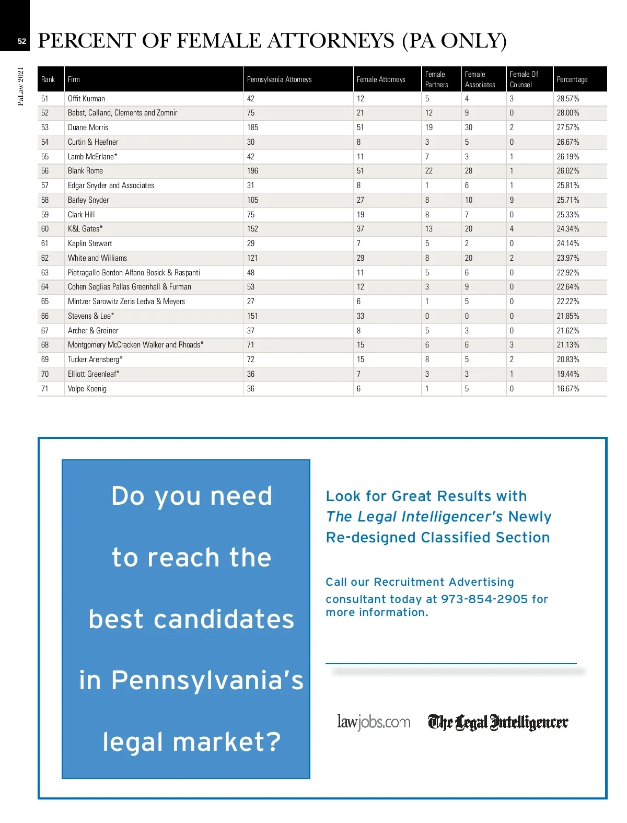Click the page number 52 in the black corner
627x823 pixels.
[x=21, y=41]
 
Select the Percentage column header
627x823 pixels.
[x=572, y=79]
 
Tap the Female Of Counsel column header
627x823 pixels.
[x=524, y=79]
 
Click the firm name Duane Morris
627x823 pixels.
[x=88, y=127]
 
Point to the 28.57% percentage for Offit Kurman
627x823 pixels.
[x=567, y=99]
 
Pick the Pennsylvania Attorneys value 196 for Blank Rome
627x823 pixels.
[x=252, y=171]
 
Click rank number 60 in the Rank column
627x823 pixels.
[x=45, y=229]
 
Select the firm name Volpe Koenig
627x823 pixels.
[x=87, y=389]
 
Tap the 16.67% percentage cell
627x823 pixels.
[x=567, y=389]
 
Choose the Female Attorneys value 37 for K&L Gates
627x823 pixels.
[x=361, y=229]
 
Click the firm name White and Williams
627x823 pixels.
[x=97, y=258]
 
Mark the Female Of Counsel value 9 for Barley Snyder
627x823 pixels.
[x=512, y=200]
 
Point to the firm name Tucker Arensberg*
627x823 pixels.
[x=95, y=360]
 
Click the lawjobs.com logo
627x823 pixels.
[x=374, y=722]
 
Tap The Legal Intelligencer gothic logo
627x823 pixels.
[x=498, y=722]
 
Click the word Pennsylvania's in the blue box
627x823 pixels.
[x=207, y=680]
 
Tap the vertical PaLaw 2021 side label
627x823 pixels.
[x=21, y=86]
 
